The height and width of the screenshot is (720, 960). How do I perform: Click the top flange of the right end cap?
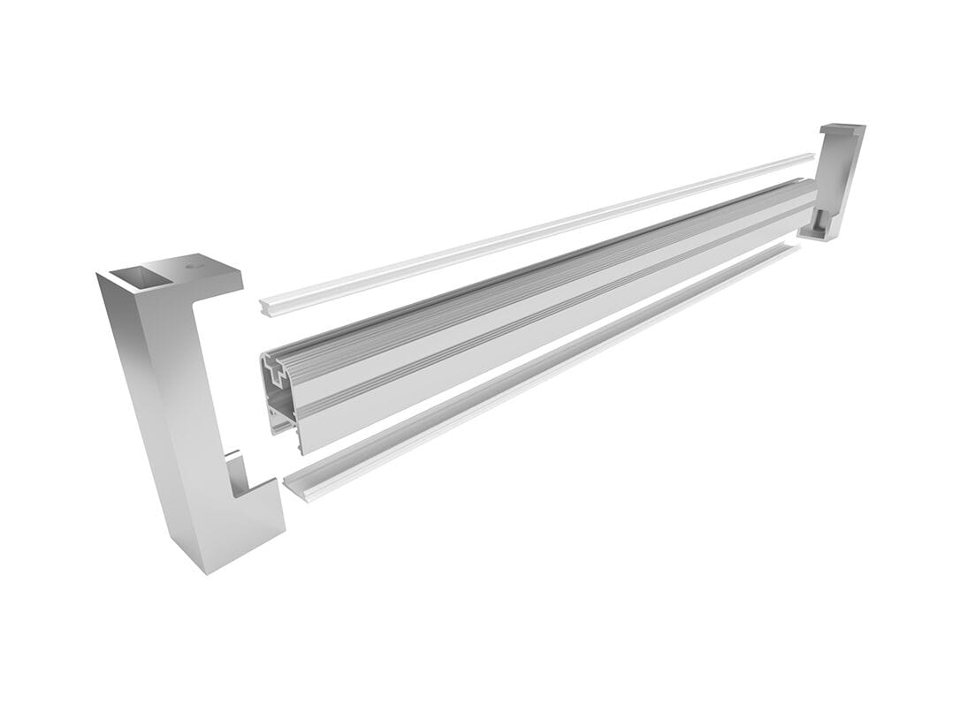[842, 130]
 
